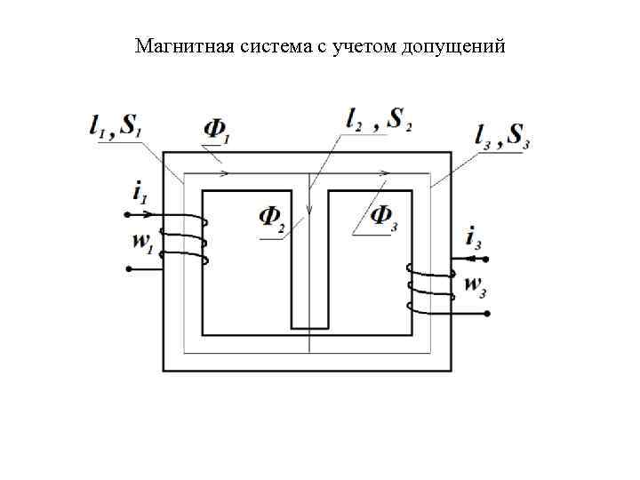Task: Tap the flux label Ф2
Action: point(272,218)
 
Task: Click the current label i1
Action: point(138,190)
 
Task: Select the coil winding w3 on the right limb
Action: point(430,286)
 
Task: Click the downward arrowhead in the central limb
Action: point(309,212)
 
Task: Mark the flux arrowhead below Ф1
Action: point(227,172)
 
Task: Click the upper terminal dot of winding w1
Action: point(128,214)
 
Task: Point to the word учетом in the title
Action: point(363,45)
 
